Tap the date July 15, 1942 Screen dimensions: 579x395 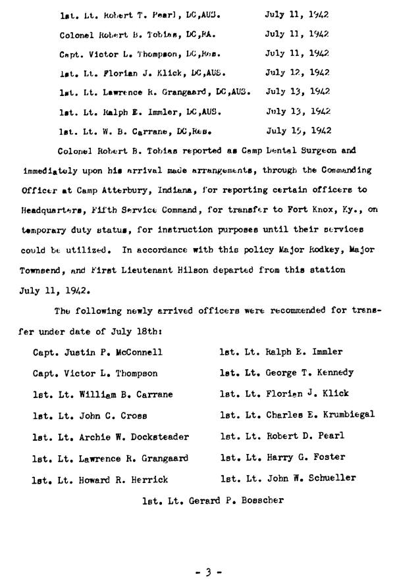(298, 131)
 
